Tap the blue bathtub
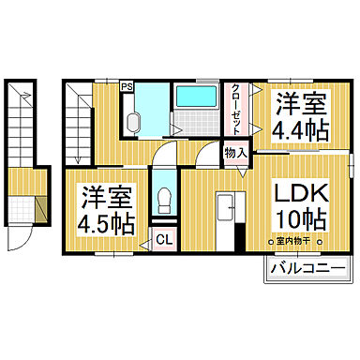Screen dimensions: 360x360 pos(194,97)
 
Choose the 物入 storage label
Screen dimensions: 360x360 pos(234,153)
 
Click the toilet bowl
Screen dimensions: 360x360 pos(164,199)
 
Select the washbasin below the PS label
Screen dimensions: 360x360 pos(130,121)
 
